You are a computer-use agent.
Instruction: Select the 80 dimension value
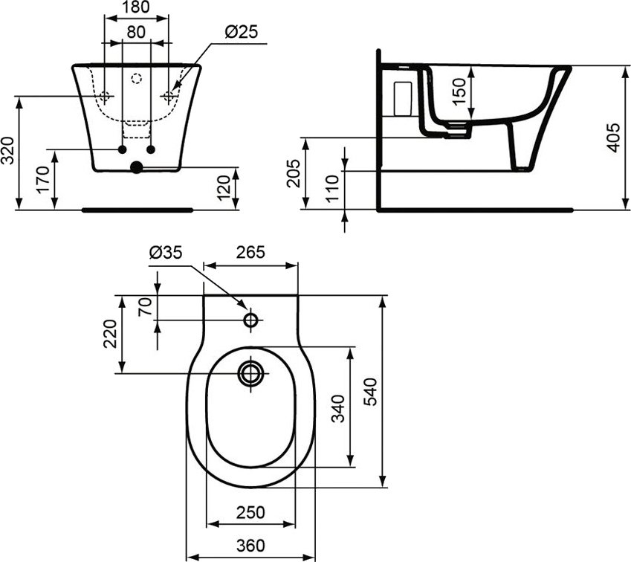(135, 33)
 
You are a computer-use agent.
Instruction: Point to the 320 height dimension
(7, 152)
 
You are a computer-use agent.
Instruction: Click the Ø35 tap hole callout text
(165, 253)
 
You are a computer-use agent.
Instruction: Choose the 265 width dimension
(250, 253)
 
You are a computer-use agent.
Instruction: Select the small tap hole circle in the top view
(251, 320)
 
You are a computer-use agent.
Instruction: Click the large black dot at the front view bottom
(136, 167)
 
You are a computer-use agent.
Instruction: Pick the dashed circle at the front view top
(136, 77)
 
